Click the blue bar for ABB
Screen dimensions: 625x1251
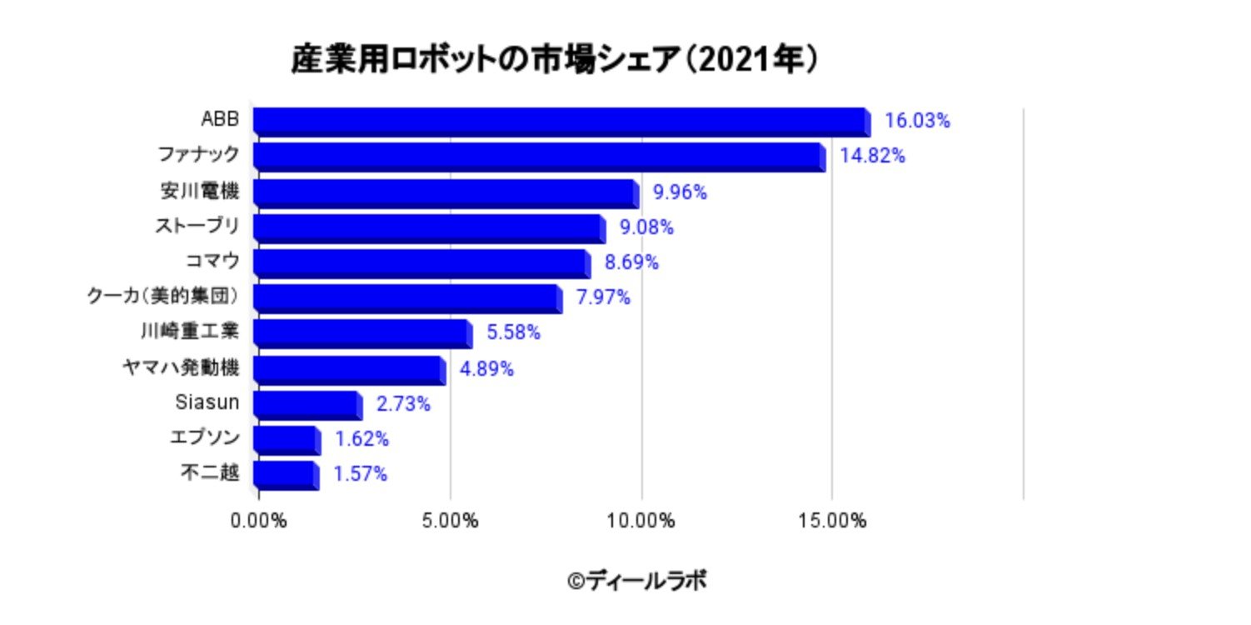[x=560, y=122]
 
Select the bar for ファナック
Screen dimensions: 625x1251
[x=538, y=157]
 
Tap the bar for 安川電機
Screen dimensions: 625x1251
[x=445, y=192]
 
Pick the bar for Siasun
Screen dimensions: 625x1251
[x=307, y=405]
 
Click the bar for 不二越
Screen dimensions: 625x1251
[x=285, y=475]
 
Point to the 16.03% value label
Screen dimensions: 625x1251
[x=917, y=121]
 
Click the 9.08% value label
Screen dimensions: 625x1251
[x=646, y=227]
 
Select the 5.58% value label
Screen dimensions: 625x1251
[x=513, y=333]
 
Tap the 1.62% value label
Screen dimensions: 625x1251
[x=361, y=439]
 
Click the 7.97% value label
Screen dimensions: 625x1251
[x=603, y=297]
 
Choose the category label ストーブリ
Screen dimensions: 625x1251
[x=197, y=227]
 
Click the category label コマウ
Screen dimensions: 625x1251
[x=212, y=262]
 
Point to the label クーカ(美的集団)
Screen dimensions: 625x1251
[x=163, y=297]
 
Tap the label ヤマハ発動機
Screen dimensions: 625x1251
[x=180, y=368]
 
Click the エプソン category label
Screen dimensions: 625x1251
[x=204, y=438]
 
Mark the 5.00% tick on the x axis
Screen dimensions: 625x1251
[x=450, y=522]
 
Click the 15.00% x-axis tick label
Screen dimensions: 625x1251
[x=833, y=522]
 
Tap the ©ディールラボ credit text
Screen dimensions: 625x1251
[x=637, y=580]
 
